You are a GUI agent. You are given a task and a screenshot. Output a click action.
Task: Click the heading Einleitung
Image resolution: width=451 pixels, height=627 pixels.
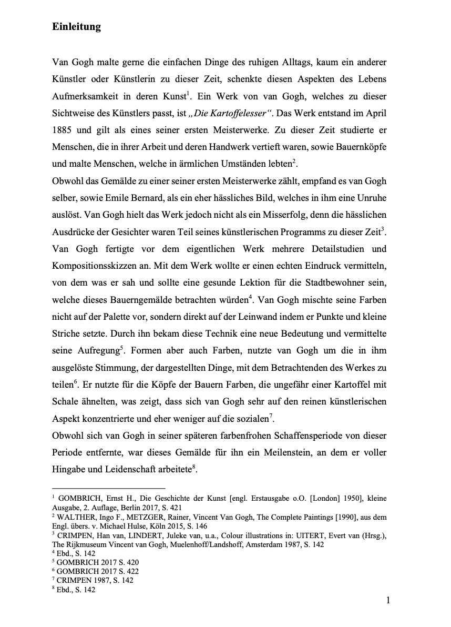pyautogui.click(x=76, y=27)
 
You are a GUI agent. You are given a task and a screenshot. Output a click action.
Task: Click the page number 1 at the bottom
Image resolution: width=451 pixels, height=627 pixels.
pyautogui.click(x=388, y=601)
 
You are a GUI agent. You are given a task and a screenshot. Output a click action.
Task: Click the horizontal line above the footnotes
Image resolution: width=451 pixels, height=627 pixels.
pyautogui.click(x=109, y=488)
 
